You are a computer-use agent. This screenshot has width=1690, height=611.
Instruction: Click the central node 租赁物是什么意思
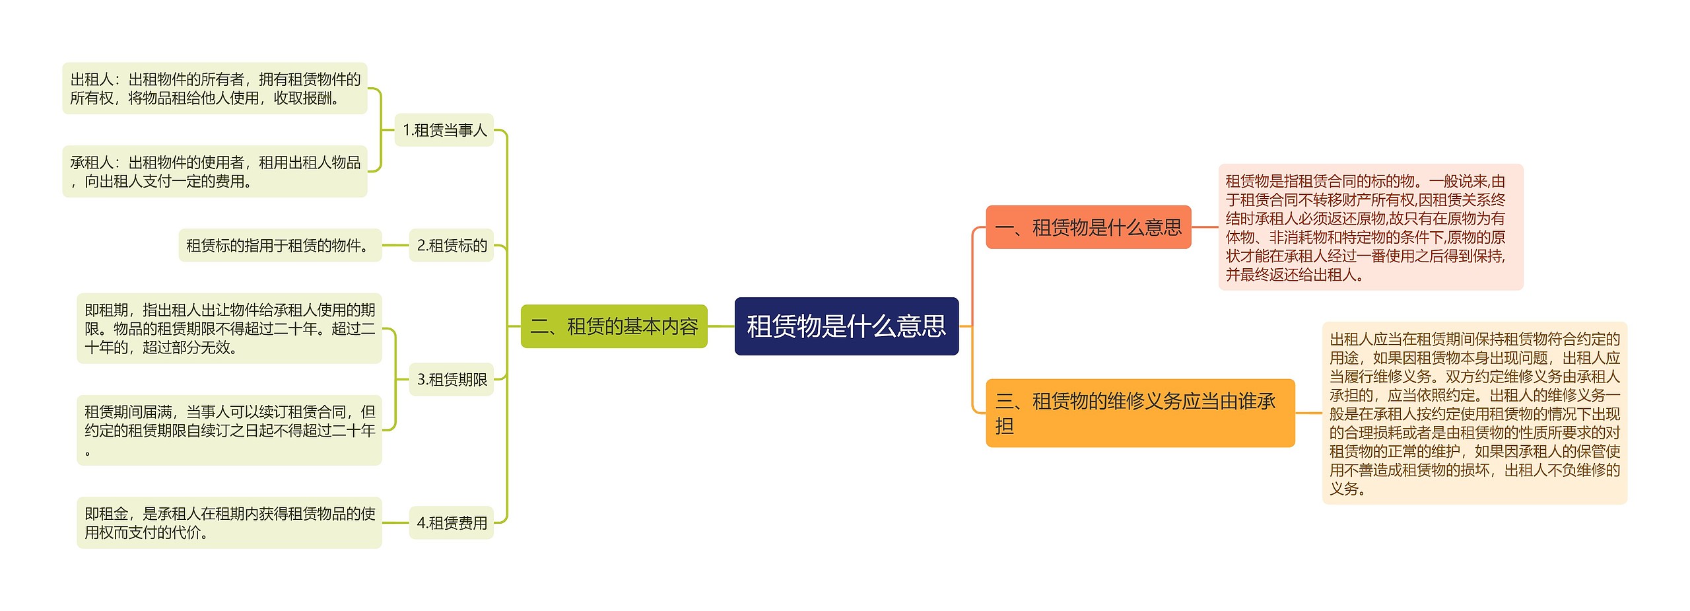tap(846, 326)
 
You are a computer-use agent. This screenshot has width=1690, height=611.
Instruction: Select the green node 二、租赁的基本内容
tap(614, 326)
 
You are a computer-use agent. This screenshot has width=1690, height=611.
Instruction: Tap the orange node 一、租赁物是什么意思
tap(1088, 227)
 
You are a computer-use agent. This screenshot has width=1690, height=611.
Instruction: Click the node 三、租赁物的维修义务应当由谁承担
tap(1139, 413)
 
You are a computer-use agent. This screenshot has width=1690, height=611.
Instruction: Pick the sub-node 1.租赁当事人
tap(444, 130)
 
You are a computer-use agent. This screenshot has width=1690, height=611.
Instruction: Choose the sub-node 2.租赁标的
tap(452, 246)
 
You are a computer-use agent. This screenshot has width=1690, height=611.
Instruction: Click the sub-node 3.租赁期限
tap(452, 380)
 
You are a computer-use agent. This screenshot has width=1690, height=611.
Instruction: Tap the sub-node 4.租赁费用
tap(452, 523)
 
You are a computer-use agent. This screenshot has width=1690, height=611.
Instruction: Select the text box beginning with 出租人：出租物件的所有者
tap(215, 89)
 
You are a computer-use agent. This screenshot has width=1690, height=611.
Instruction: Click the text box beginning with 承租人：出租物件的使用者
tap(215, 172)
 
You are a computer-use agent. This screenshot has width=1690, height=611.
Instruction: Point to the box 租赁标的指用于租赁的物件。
tap(280, 246)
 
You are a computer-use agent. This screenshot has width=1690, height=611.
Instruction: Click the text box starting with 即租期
tap(229, 328)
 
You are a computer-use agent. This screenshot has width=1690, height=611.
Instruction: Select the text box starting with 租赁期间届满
tap(229, 430)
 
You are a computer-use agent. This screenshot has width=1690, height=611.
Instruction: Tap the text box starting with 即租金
tap(229, 522)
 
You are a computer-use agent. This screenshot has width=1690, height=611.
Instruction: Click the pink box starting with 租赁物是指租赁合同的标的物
tap(1370, 227)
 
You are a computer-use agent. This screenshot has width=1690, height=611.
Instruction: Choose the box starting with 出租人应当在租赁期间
tap(1474, 413)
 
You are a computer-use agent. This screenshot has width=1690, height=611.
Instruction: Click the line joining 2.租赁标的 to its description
tap(395, 246)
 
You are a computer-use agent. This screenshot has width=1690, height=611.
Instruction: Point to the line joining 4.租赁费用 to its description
tap(395, 523)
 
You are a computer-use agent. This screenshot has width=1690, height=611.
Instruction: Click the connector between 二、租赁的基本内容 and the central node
tap(721, 326)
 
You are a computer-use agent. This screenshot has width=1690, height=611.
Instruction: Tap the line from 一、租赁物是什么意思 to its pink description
tap(1205, 227)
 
